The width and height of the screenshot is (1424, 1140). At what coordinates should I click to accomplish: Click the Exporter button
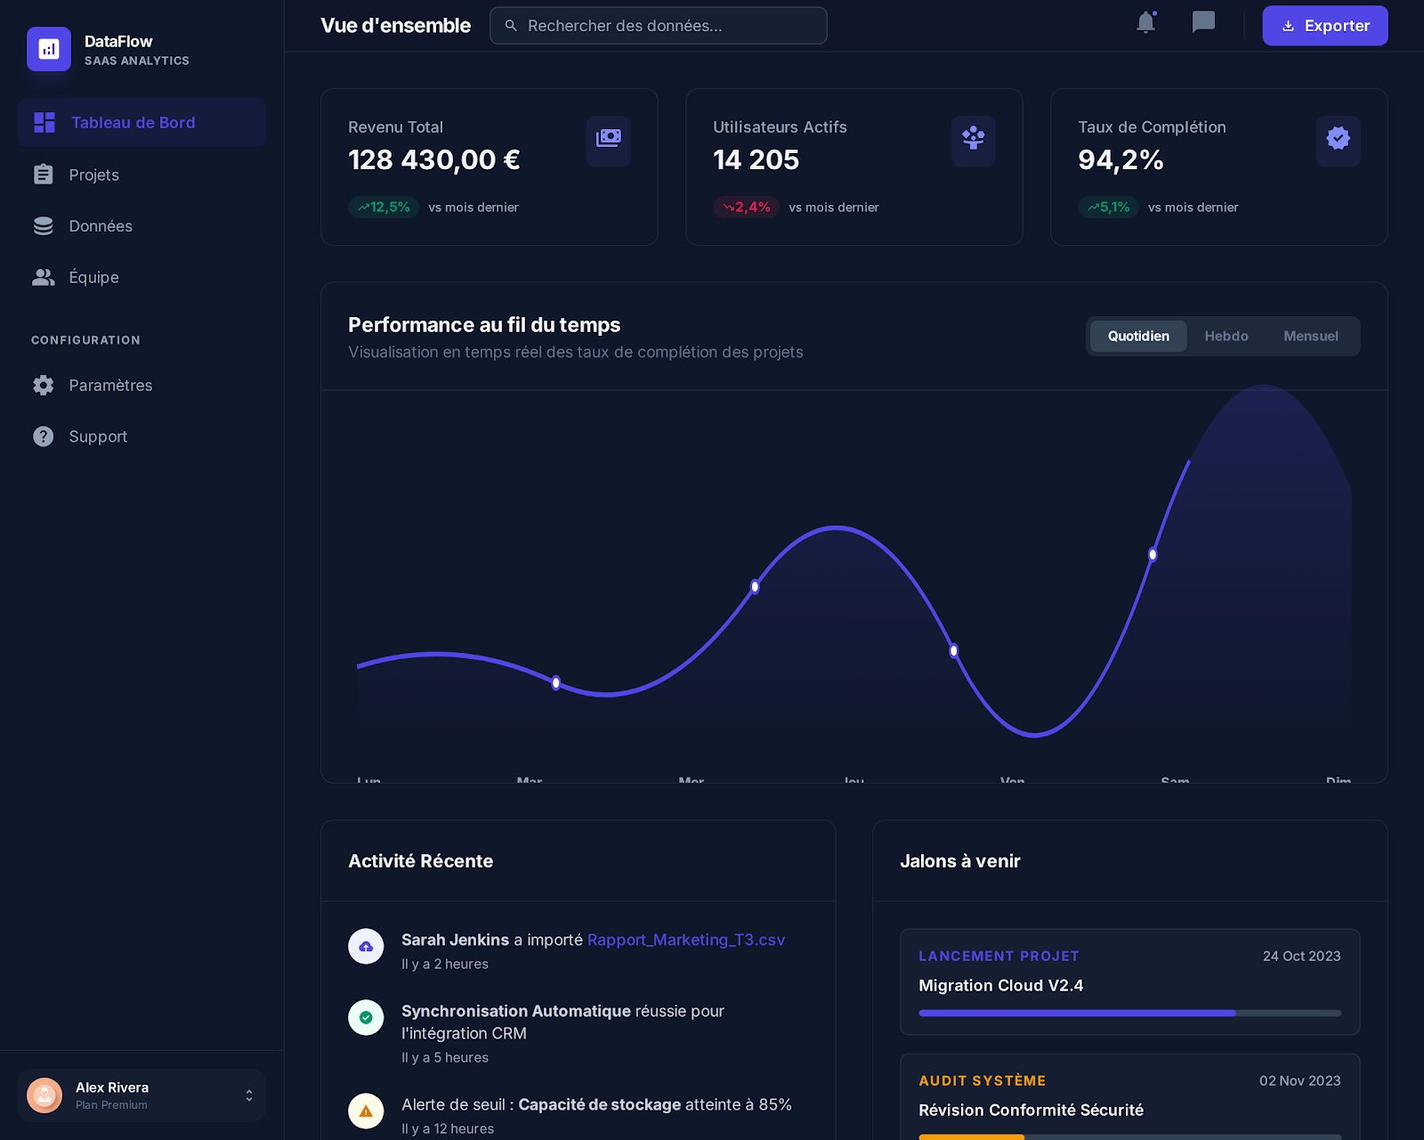[1324, 26]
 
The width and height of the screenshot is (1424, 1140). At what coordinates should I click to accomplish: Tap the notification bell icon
[1146, 22]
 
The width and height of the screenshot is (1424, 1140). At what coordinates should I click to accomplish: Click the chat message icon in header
[1203, 22]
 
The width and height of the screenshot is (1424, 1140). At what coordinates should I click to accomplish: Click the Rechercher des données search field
[659, 26]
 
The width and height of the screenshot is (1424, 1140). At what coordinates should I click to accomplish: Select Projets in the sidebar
[93, 175]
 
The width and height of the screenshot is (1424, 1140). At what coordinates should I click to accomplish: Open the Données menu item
[100, 226]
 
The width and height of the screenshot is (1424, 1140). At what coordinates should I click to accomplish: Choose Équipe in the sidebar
[93, 277]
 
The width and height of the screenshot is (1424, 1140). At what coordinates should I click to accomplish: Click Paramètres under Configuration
[110, 386]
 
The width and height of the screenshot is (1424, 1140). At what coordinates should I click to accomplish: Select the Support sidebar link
[98, 436]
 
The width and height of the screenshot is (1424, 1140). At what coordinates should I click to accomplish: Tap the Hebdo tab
[1226, 337]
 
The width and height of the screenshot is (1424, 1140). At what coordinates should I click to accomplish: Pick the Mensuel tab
[1310, 337]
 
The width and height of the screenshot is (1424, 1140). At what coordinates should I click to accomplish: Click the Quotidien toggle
[1138, 337]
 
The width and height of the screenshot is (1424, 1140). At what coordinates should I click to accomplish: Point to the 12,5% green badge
[384, 208]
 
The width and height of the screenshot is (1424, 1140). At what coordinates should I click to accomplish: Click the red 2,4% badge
[746, 208]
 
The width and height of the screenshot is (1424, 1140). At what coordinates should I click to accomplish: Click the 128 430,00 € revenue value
[433, 160]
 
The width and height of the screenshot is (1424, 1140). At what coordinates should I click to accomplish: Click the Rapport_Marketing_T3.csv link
[685, 940]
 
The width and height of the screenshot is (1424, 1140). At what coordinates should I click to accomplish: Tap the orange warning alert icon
[366, 1111]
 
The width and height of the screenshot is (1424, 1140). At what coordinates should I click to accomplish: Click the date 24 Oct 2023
[1301, 957]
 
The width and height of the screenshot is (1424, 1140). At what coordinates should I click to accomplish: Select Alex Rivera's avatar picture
[44, 1095]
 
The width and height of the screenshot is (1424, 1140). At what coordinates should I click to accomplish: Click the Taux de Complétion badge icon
[1338, 139]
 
